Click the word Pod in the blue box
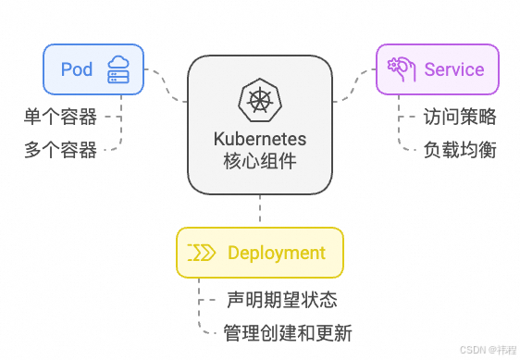77,68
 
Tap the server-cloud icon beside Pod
118,68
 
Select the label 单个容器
60,117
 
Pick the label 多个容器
60,150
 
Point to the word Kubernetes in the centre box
260,140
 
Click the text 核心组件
260,162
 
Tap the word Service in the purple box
453,69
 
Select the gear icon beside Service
401,68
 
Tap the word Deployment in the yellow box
276,253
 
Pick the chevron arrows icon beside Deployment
202,253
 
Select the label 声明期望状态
281,300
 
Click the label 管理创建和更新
288,333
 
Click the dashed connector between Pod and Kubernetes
167,85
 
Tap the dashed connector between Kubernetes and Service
353,85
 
